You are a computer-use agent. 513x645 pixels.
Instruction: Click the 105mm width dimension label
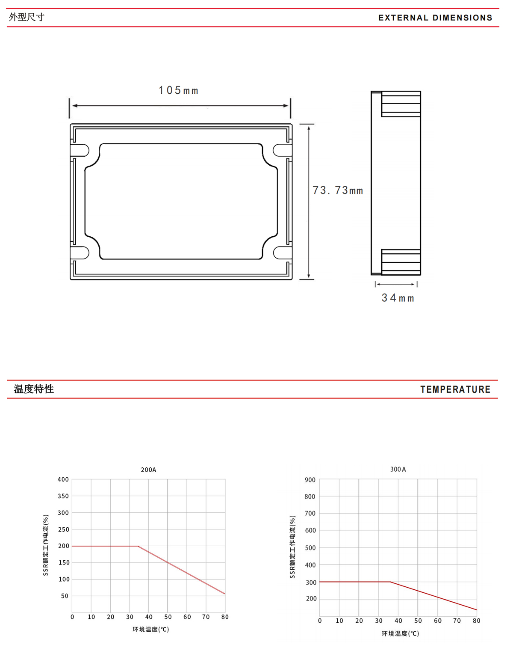179,90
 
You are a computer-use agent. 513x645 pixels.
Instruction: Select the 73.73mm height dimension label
337,190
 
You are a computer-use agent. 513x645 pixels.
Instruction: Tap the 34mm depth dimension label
398,297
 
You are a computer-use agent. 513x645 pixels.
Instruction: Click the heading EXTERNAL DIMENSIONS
435,18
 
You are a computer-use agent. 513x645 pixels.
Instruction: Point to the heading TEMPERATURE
455,389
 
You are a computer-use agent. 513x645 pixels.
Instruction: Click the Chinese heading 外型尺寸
27,17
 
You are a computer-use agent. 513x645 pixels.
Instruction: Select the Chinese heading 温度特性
34,389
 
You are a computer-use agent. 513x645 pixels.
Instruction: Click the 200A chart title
148,470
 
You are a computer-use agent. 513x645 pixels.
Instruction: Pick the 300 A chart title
398,469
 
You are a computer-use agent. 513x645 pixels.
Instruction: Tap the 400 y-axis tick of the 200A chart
63,479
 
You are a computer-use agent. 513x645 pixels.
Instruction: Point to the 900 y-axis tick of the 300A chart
310,480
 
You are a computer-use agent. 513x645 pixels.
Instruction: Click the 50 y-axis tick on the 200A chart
65,596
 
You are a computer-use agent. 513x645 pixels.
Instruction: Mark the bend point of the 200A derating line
139,546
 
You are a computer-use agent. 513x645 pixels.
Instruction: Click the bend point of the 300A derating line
390,582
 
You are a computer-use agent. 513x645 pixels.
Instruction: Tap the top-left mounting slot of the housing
80,150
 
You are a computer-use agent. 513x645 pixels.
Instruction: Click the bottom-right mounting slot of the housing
283,253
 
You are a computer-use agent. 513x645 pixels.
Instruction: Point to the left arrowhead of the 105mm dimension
75,105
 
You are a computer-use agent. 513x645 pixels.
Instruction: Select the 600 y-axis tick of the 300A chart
310,530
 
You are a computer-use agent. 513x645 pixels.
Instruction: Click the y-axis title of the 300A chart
292,547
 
